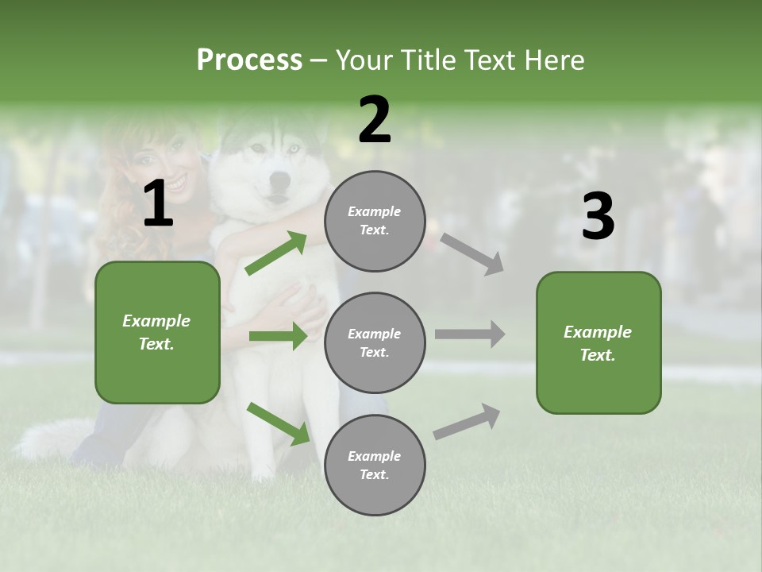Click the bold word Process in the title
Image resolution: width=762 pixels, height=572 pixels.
pos(249,60)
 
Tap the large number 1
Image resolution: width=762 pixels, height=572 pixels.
pos(158,204)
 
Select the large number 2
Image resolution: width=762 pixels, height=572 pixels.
pos(375,120)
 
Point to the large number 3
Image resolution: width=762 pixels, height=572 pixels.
pos(598,217)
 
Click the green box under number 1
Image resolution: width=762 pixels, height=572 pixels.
pos(157,332)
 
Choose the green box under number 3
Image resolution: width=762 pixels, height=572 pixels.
pos(598,343)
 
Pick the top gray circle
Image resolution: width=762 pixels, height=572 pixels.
pos(375,221)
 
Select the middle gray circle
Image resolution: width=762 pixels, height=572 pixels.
pos(375,342)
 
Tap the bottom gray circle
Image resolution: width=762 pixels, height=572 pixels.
pos(375,465)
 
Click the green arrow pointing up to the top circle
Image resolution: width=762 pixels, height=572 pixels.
pos(275,253)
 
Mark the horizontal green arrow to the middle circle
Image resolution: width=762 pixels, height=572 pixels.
pos(278,336)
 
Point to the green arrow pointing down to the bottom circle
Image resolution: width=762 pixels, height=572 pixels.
pos(278,423)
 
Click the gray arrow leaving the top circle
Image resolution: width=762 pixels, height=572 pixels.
pos(471,253)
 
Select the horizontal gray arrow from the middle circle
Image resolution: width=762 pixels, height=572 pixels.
pos(469,334)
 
